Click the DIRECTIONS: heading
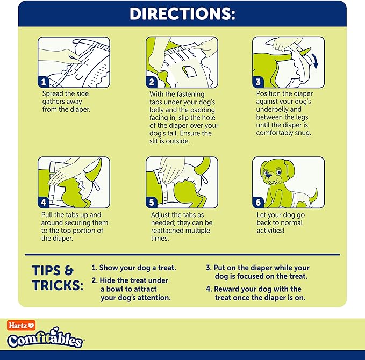pos(182,13)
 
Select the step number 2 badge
pos(152,82)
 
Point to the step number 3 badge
pos(259,82)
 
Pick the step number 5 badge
pos(152,203)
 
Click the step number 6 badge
pos(259,203)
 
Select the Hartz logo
pos(20,325)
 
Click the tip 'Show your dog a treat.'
pos(134,268)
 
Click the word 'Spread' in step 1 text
pos(54,93)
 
